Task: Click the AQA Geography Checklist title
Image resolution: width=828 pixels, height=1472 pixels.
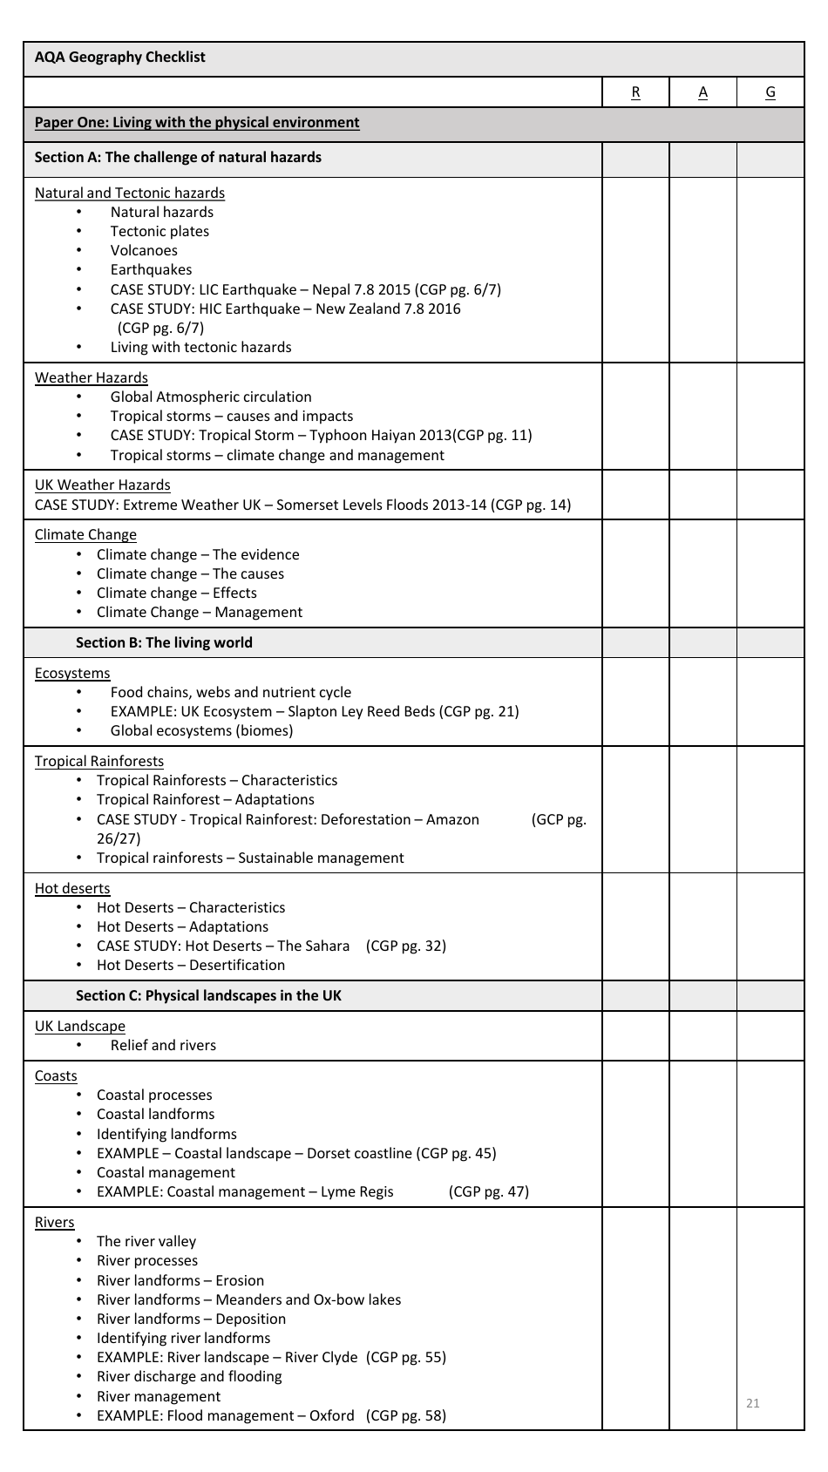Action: point(119,58)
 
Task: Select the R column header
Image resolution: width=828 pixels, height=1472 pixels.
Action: point(635,92)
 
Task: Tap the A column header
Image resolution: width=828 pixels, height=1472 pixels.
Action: point(702,92)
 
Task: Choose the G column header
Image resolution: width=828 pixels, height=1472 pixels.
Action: point(770,92)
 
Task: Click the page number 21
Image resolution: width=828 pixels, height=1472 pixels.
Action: point(753,1402)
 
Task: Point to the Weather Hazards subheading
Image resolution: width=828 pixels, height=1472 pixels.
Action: point(91,377)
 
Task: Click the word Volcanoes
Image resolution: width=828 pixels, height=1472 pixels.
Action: point(144,251)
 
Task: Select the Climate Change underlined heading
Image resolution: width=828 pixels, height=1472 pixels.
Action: point(85,535)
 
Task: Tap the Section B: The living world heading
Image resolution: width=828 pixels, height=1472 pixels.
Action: point(164,643)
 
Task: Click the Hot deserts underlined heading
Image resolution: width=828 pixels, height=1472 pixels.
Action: point(72,888)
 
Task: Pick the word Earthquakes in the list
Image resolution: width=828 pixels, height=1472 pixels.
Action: point(151,270)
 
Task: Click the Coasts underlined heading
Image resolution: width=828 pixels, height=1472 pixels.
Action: point(56,1075)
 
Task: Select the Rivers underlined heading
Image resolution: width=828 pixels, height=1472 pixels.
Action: point(54,1222)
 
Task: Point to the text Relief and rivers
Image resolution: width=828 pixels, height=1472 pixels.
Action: point(163,1045)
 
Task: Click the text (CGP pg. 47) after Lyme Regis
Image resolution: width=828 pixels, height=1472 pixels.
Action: point(488,1191)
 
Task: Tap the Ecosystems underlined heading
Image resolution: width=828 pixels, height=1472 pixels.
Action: point(72,673)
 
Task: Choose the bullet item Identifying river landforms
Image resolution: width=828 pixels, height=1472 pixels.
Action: point(183,1338)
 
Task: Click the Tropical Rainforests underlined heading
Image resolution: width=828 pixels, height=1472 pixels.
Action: point(98,761)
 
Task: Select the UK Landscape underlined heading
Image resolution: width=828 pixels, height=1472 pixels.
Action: point(79,1026)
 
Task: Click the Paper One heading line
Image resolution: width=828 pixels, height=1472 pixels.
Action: point(196,123)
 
